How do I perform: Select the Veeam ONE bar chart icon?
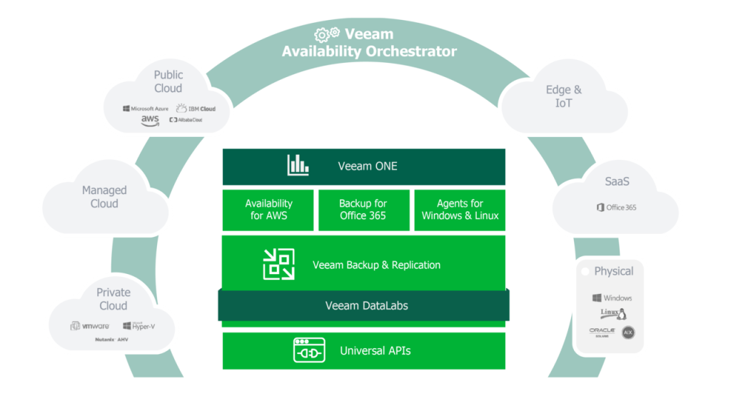coord(298,166)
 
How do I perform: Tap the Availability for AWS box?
coord(268,209)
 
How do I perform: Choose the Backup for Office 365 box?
coord(363,209)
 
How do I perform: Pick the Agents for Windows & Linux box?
coord(460,209)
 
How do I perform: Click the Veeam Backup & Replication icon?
coord(278,265)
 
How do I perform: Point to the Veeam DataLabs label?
coord(366,305)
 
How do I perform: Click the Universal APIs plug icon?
coord(309,350)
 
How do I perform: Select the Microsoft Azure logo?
coord(145,109)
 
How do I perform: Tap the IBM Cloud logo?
coord(196,108)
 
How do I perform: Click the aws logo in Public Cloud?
coord(150,121)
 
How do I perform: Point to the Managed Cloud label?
coord(104,197)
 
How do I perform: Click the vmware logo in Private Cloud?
coord(89,326)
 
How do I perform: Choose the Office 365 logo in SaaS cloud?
coord(616,208)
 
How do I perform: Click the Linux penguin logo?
coord(613,314)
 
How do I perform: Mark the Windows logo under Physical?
coord(612,298)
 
